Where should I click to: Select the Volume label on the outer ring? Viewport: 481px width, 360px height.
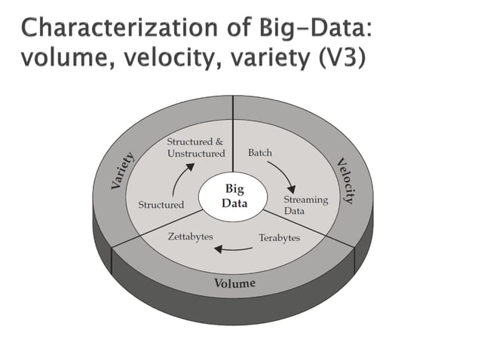235,283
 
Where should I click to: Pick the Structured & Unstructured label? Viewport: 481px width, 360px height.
195,148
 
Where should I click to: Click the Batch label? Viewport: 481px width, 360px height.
260,153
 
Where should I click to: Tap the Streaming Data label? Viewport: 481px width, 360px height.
305,205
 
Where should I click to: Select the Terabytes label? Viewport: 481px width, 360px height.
279,238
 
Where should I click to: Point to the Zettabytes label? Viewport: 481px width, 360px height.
190,236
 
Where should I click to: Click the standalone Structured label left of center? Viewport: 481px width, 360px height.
161,205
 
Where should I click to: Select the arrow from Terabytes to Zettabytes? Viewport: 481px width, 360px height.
234,249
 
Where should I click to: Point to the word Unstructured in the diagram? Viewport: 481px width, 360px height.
195,154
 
